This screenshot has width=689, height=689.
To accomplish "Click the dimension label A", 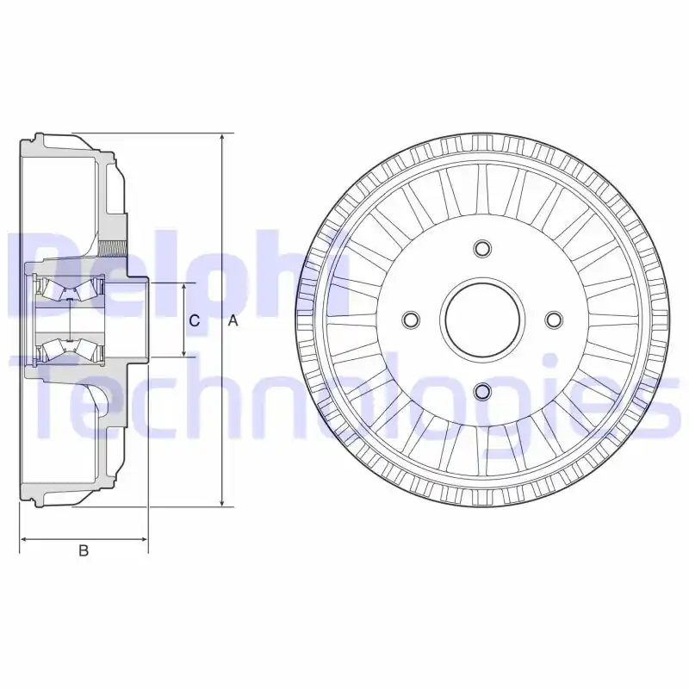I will tap(233, 320).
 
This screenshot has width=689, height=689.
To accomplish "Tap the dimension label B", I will tap(84, 551).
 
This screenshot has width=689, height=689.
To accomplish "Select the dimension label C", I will tap(195, 320).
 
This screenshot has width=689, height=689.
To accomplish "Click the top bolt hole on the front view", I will tap(482, 249).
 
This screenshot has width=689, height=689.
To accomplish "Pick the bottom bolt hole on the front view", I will tap(482, 392).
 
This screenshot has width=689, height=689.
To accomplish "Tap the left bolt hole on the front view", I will tap(411, 320).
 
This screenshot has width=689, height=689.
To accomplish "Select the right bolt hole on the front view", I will tap(554, 320).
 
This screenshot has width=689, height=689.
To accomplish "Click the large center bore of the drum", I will tap(482, 320).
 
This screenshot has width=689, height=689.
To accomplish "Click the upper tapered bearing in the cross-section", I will tap(69, 289).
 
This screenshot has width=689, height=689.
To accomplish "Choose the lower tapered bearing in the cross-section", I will tap(69, 349).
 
